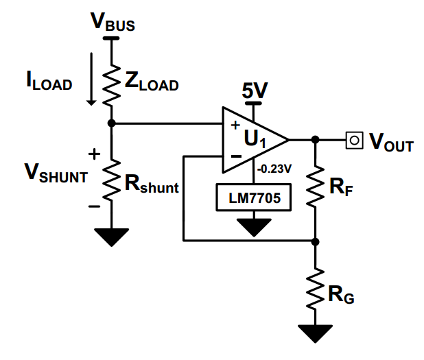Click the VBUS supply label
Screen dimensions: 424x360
113,22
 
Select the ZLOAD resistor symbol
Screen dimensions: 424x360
111,85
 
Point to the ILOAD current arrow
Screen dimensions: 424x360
91,79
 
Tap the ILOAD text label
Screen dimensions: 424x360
49,80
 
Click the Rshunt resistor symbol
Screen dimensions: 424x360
111,180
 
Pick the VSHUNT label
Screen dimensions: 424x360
56,173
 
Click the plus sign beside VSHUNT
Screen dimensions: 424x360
94,154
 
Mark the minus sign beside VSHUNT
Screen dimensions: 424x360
94,207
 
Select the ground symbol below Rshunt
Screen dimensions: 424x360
111,237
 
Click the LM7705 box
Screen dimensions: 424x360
254,197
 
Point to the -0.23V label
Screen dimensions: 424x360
274,169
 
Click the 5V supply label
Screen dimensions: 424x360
255,91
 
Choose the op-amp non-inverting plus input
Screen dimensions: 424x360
235,125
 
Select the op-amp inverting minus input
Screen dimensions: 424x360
236,156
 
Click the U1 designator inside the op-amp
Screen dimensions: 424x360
255,139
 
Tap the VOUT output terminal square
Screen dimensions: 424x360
354,141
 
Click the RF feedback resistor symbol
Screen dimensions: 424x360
315,187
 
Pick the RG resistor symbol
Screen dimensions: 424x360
315,289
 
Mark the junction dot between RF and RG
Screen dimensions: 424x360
315,241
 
